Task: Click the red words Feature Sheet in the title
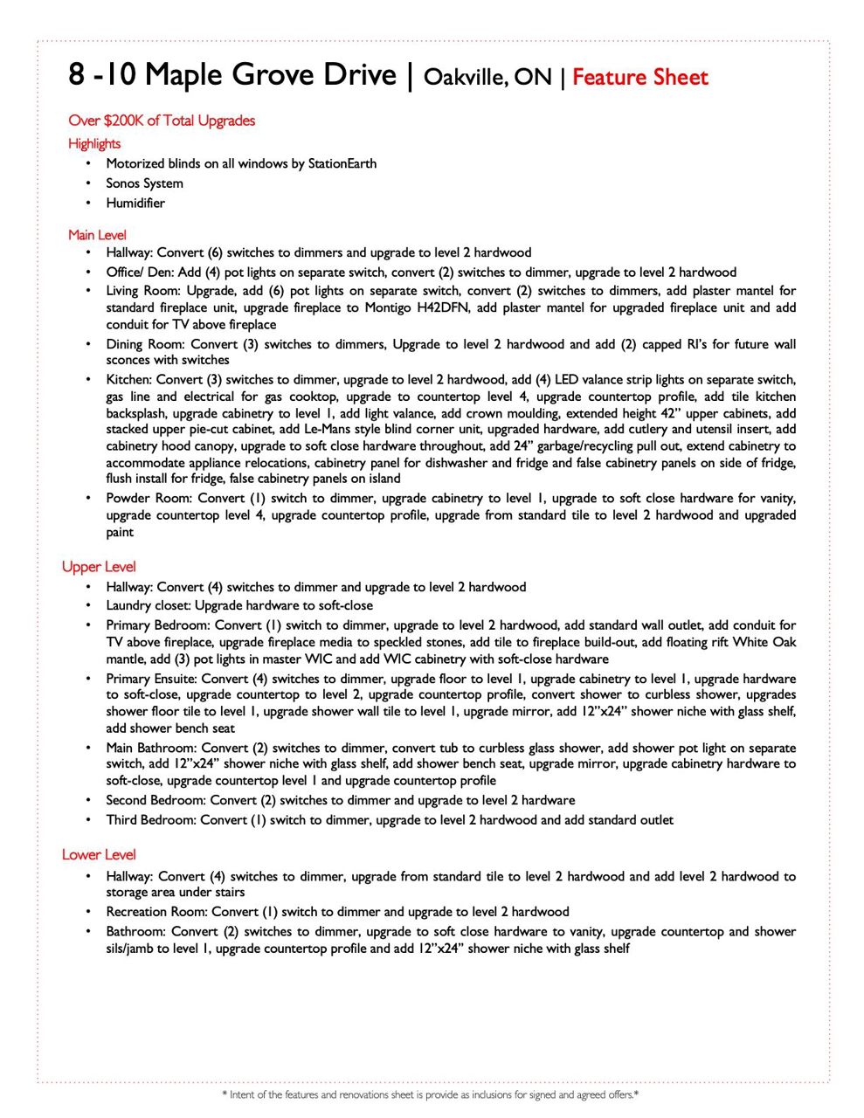pos(639,78)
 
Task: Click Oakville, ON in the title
pos(487,78)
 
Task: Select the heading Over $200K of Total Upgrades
pos(162,121)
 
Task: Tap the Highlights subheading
pos(94,143)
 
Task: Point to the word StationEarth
pos(342,163)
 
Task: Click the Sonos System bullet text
pos(144,183)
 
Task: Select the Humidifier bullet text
pos(135,203)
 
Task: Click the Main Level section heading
pos(97,235)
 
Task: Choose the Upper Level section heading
pos(99,567)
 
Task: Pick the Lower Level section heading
pos(99,855)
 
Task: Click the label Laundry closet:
pos(149,605)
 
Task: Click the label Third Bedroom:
pos(151,820)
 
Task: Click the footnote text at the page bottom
pos(431,1094)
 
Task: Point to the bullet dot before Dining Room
pos(88,344)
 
